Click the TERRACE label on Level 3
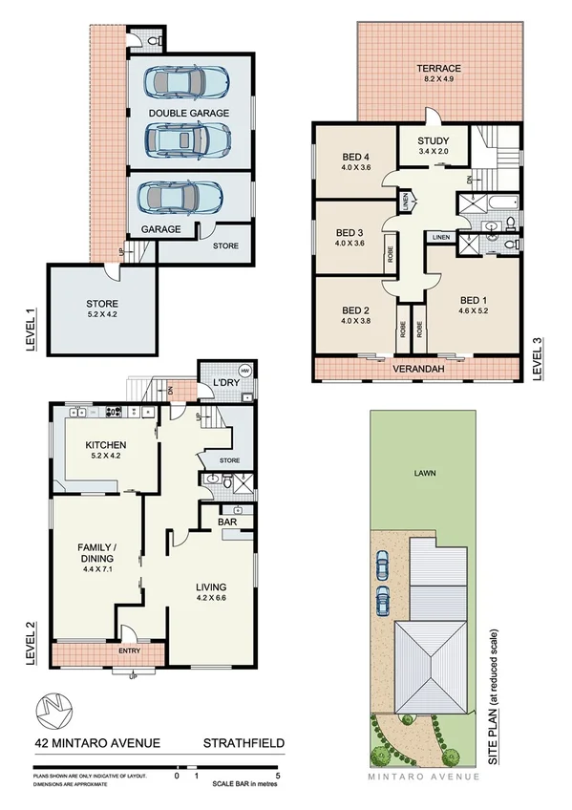tap(438, 69)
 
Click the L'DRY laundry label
tap(224, 383)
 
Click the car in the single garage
tap(180, 199)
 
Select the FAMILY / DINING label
tap(95, 552)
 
